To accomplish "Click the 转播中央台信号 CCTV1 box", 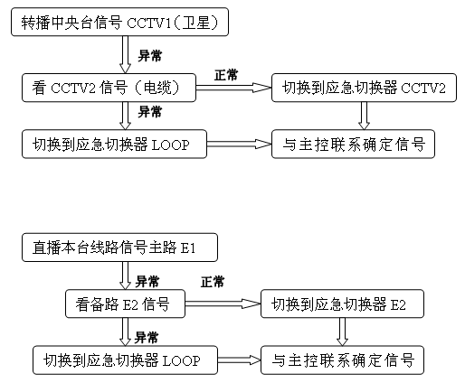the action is pos(119,22).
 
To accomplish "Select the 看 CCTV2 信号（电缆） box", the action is pos(109,88).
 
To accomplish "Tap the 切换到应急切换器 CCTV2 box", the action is pos(364,88).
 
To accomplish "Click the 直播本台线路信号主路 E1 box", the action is pos(119,248).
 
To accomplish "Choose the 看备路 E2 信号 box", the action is pos(125,304).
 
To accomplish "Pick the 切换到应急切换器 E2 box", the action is pos(342,304).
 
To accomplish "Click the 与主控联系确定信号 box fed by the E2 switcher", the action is pos(342,360).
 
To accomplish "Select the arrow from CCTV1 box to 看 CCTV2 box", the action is pos(125,55).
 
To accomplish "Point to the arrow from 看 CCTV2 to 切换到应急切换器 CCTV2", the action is pos(233,88).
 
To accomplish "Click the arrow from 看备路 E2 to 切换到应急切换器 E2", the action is pos(223,304).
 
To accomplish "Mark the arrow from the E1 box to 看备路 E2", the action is pos(125,276).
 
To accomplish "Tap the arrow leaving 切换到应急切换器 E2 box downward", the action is pos(342,332).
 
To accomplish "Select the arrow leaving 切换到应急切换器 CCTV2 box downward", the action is pos(364,116).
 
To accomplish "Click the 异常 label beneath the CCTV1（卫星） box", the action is pos(150,56).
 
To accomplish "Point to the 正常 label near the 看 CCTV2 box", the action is pos(226,75).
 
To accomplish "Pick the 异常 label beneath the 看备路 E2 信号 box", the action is pos(147,338).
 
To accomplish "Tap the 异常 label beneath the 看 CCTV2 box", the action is pos(150,112).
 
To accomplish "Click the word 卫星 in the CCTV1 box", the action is pos(195,23).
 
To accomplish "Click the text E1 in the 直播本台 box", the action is pos(188,248).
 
